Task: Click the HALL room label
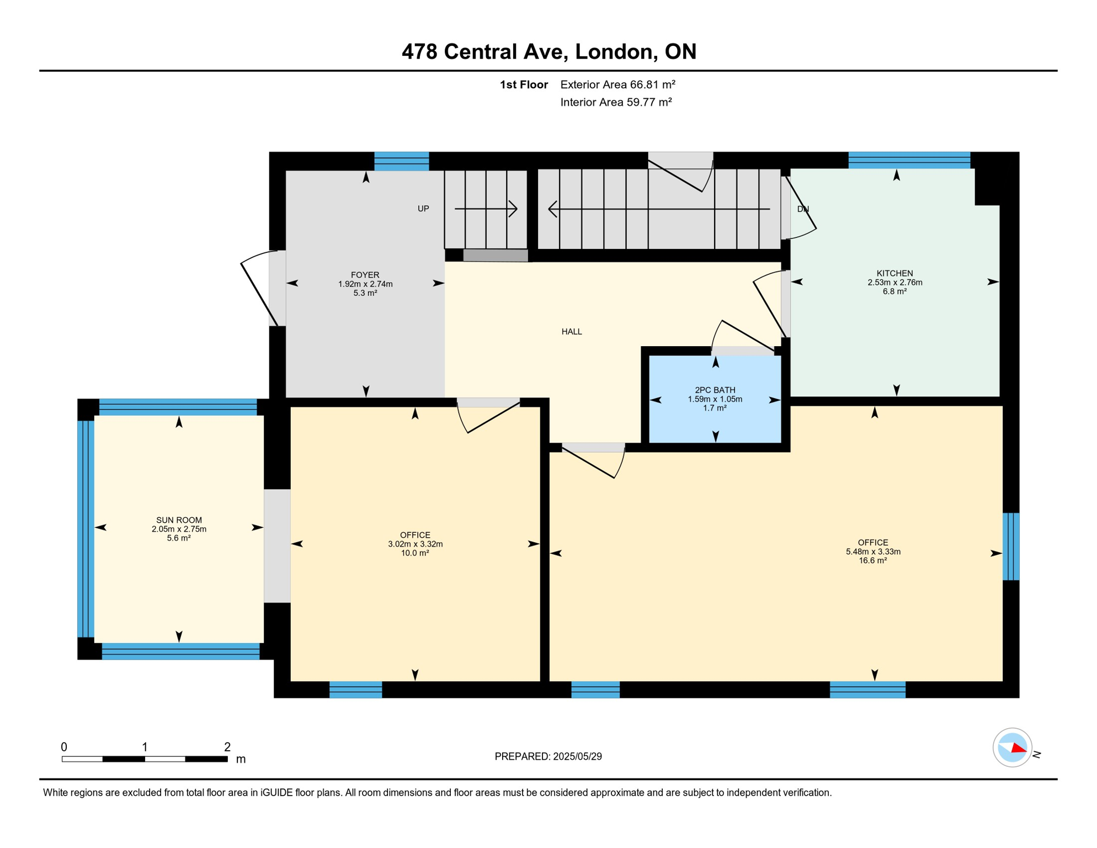pos(572,332)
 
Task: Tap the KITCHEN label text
pos(894,273)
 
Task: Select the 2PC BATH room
pos(715,399)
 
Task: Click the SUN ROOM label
pos(179,520)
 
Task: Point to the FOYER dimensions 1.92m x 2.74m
pos(365,284)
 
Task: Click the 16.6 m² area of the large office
pos(872,561)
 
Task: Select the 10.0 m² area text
pos(415,553)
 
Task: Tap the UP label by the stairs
pos(423,209)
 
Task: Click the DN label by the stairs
pos(803,209)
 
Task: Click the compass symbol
pos(1012,748)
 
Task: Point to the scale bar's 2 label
pos(227,747)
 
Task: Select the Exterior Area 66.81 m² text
pos(617,84)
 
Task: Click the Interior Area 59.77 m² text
pos(616,102)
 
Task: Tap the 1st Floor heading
pos(524,84)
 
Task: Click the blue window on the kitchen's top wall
pos(909,160)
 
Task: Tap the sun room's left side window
pos(86,529)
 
